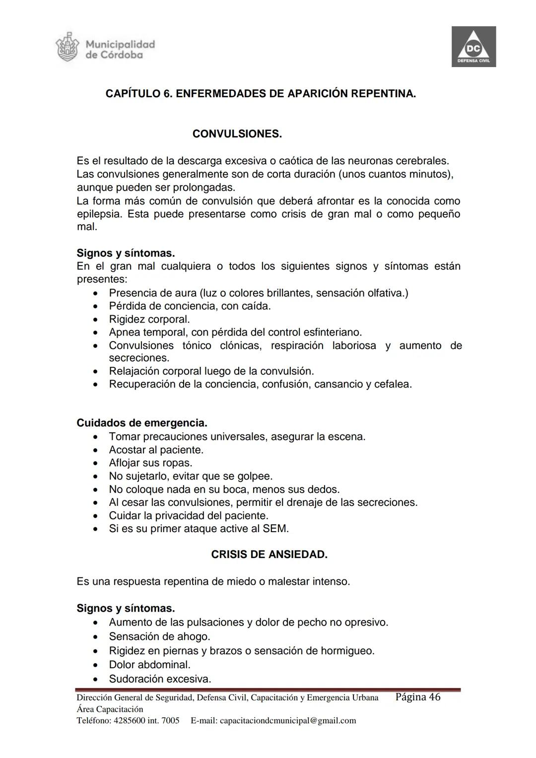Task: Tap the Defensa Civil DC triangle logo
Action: tap(473, 47)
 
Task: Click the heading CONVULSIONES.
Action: tap(237, 134)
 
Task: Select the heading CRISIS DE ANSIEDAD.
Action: tap(269, 554)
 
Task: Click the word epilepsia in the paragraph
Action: tap(99, 214)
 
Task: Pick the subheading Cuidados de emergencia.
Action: tap(141, 423)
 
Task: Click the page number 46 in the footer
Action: tap(434, 697)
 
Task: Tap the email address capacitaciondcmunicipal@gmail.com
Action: tap(287, 720)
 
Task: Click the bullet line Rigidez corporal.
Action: tap(149, 319)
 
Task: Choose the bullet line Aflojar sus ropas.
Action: tap(150, 463)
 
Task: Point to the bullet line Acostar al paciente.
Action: tap(156, 450)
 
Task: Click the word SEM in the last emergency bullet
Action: tap(276, 529)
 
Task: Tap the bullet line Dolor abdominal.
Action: tap(149, 665)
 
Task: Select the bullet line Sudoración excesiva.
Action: tap(160, 679)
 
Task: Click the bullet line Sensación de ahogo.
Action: tap(159, 636)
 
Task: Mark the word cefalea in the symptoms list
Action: tap(394, 384)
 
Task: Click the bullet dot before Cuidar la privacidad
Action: tap(95, 516)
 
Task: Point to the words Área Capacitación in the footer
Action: tap(110, 709)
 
